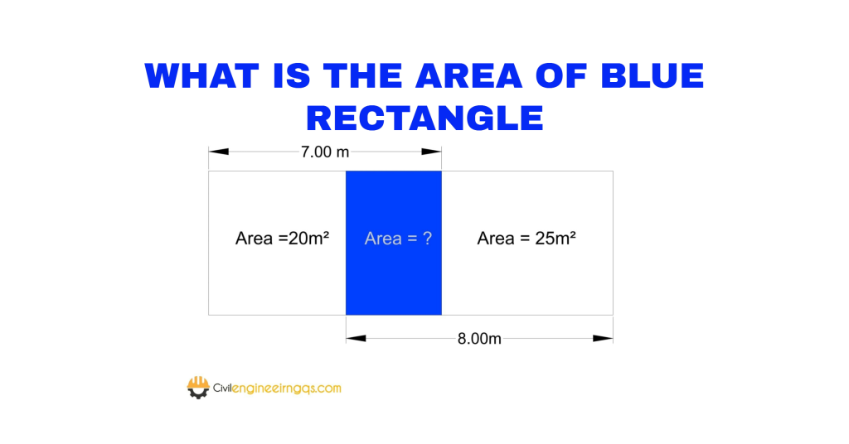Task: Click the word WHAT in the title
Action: pos(202,75)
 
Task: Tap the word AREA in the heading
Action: pos(469,75)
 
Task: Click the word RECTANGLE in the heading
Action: pos(425,118)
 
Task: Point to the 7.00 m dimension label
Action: pos(325,152)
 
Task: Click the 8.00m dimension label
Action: pos(479,339)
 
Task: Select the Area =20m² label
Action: pos(282,239)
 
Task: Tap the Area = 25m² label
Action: pos(526,239)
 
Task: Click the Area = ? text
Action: pos(398,239)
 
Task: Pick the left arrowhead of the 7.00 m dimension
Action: pos(219,152)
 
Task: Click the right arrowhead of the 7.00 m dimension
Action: pos(431,152)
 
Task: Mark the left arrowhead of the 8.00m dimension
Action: pos(356,339)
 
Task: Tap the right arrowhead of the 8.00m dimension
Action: pos(604,339)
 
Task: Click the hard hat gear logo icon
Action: pos(198,388)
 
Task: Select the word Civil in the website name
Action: pos(222,388)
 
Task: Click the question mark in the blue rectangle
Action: pos(427,239)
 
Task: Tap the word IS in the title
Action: pos(291,75)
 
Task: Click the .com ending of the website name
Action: pos(328,388)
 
